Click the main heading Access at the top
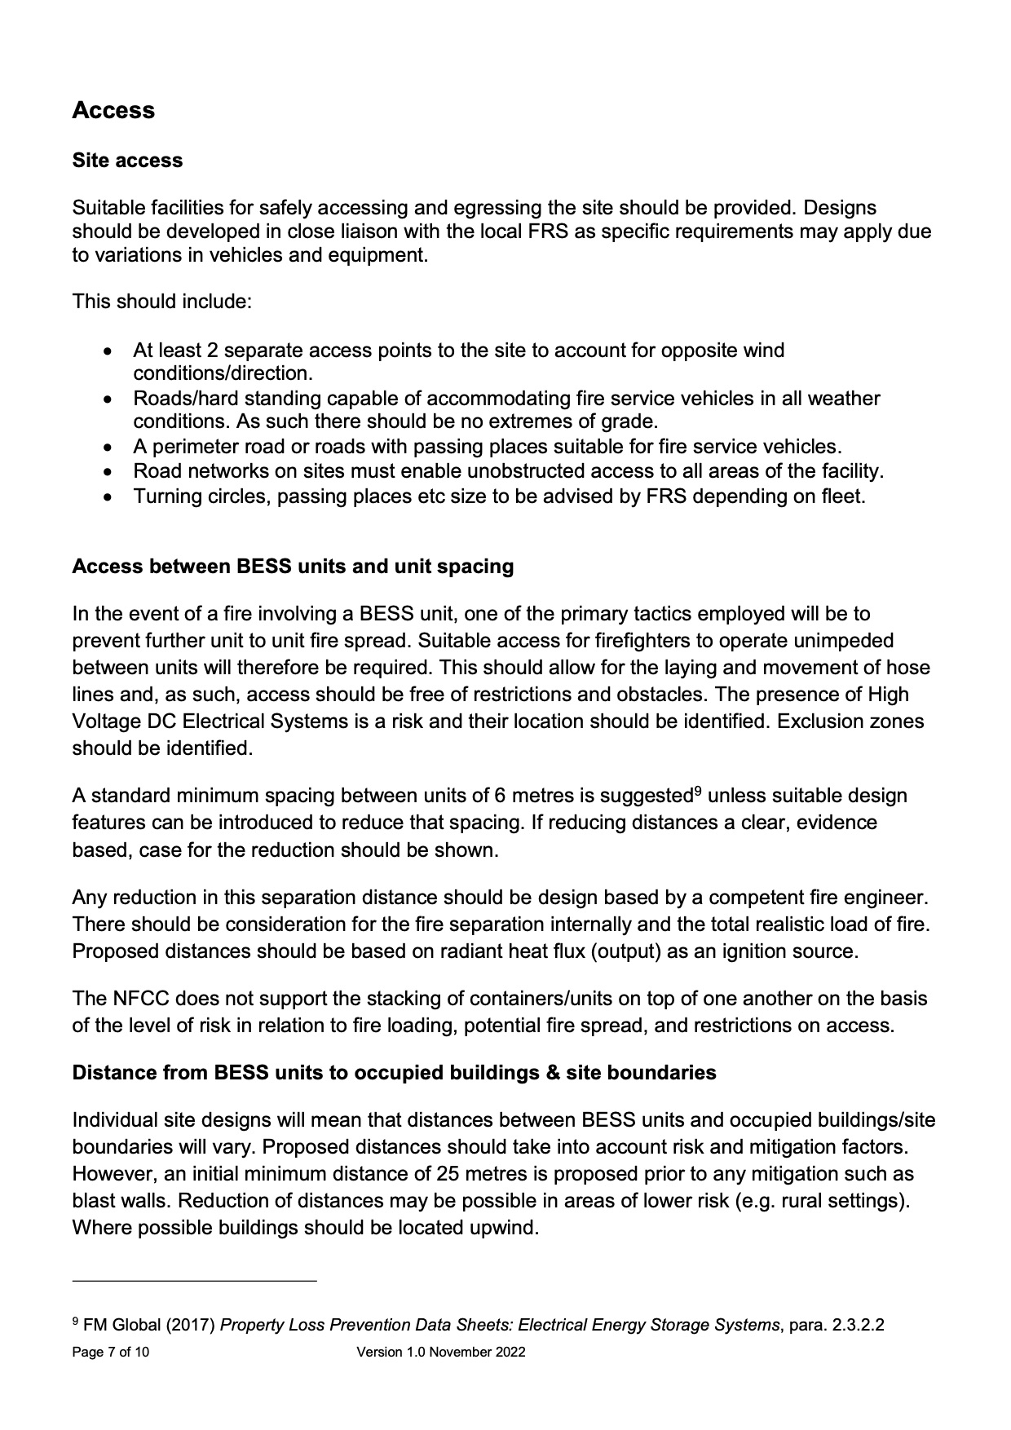(x=113, y=110)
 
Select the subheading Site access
(x=127, y=160)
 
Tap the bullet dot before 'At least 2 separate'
(x=109, y=351)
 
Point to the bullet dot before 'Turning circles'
(x=109, y=497)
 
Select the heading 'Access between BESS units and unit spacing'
(x=293, y=567)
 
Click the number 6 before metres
(x=500, y=796)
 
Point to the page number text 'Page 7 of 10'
(x=110, y=1353)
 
